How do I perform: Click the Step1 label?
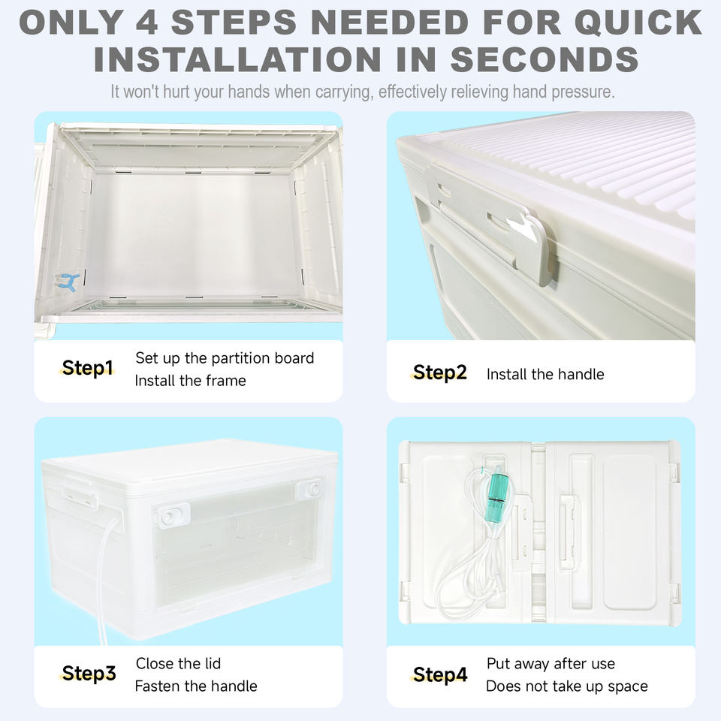point(87,368)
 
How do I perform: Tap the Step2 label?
point(439,373)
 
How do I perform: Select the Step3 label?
point(89,673)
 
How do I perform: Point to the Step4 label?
point(440,674)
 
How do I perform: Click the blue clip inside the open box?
point(68,282)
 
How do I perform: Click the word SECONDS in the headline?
point(545,60)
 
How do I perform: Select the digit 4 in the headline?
point(147,22)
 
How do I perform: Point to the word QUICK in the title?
point(638,22)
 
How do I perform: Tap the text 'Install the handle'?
point(545,374)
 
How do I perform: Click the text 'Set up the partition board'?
point(225,358)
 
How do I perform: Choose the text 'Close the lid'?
point(178,663)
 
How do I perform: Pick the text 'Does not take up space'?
point(567,686)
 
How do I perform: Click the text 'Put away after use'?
point(551,663)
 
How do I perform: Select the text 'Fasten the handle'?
point(196,686)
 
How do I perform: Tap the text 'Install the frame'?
point(190,381)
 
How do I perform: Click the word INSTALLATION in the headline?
point(237,60)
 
